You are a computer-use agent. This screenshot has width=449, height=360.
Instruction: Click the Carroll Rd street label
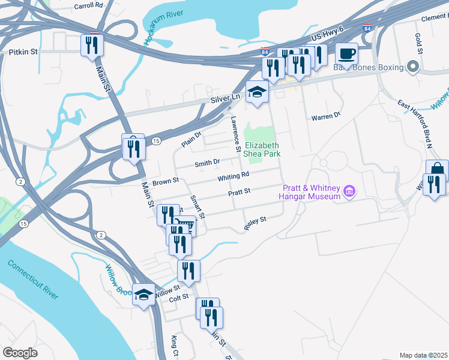[x=88, y=6]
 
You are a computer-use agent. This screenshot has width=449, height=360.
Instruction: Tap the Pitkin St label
[x=23, y=52]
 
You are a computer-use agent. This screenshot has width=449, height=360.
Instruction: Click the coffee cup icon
[x=347, y=54]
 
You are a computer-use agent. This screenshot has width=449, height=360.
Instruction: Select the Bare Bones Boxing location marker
[x=412, y=67]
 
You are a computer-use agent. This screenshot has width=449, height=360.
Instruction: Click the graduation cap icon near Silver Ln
[x=257, y=92]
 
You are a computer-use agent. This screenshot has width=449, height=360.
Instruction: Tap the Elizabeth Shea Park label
[x=262, y=150]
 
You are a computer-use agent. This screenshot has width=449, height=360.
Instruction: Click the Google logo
[x=20, y=353]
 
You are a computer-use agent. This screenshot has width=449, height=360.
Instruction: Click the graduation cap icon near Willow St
[x=143, y=295]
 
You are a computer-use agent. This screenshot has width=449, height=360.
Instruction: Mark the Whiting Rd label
[x=234, y=176]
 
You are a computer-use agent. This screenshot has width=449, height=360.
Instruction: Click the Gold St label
[x=418, y=42]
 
